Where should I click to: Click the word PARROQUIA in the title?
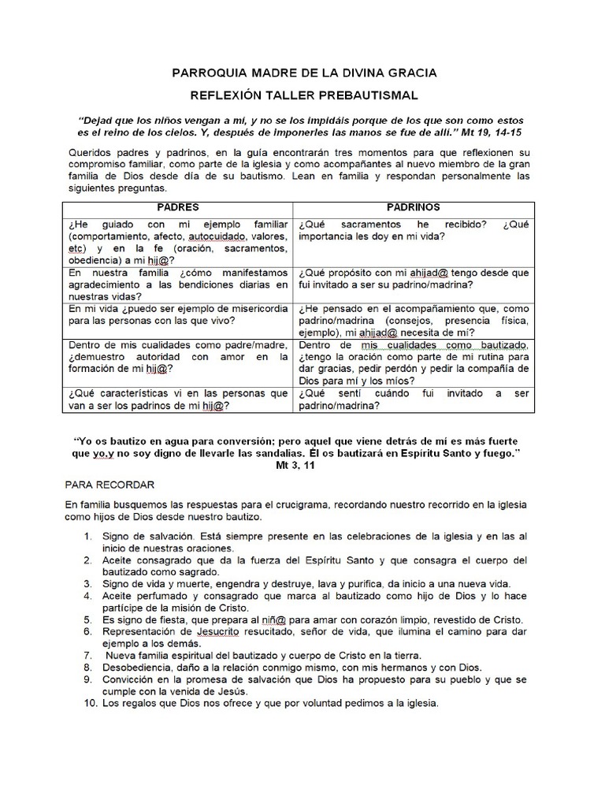[x=211, y=73]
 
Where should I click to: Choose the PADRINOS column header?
[x=413, y=206]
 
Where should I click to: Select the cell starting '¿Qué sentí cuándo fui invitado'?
[x=412, y=400]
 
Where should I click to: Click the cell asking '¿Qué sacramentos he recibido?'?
[x=412, y=231]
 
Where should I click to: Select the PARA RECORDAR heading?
[x=109, y=483]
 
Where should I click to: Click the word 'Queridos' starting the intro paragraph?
[x=89, y=151]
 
